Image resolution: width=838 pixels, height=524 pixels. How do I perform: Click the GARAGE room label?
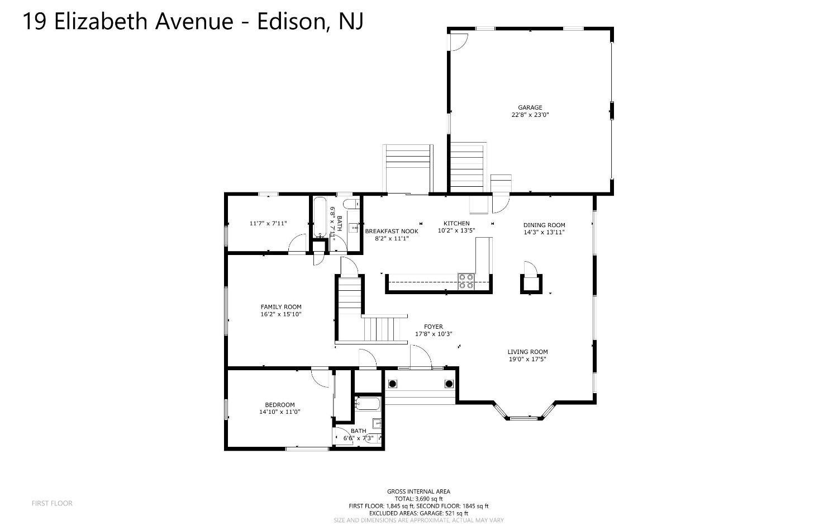point(530,107)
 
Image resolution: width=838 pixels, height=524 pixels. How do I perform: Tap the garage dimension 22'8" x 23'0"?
point(530,115)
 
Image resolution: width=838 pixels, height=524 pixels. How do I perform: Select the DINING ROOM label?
point(544,225)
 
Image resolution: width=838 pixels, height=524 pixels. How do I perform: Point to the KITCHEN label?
point(456,223)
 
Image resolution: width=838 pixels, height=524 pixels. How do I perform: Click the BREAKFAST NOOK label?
point(391,231)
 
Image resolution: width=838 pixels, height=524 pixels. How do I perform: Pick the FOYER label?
point(433,327)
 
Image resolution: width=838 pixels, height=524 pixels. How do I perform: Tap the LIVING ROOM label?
point(527,352)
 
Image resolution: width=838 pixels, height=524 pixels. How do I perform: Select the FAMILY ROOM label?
point(280,306)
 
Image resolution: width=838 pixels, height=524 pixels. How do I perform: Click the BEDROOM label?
point(279,405)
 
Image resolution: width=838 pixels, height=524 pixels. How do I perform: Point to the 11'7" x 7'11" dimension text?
point(268,223)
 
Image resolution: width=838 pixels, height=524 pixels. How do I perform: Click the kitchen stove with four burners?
point(466,281)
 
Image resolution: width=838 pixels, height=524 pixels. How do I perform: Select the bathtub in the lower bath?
point(368,404)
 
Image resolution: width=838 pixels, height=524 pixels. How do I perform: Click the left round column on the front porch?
point(393,384)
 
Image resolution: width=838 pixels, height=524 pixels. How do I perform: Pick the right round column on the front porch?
point(449,384)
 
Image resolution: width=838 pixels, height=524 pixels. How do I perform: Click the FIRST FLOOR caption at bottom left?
point(52,503)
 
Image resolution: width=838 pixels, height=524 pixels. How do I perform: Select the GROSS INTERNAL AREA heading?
point(418,492)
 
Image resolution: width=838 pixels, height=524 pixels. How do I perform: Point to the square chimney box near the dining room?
point(530,284)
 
